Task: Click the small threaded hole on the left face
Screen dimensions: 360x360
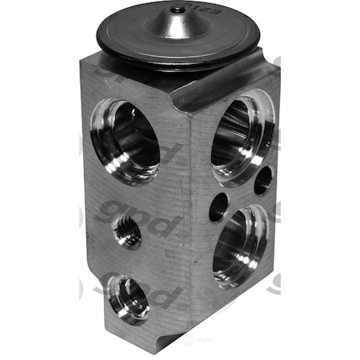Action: (x=128, y=233)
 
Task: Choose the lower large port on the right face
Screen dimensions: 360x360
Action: (x=239, y=243)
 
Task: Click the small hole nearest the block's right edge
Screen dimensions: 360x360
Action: (x=263, y=181)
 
